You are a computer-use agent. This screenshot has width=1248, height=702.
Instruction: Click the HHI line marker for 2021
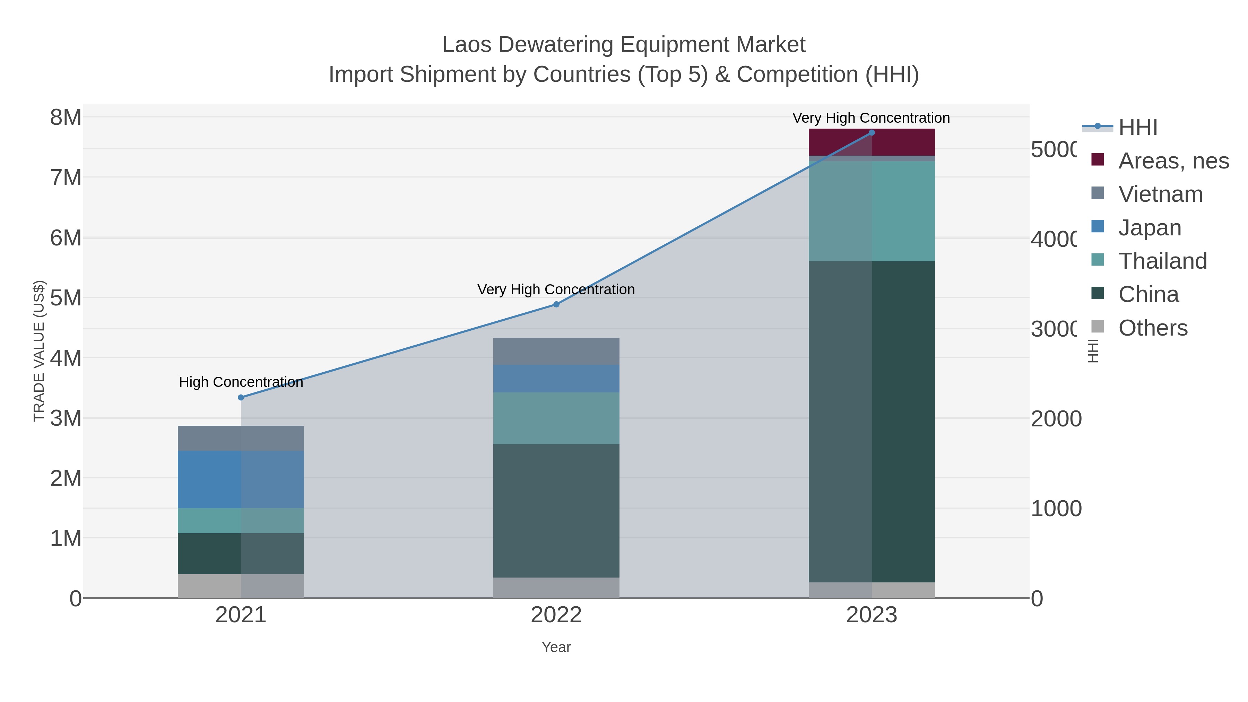pyautogui.click(x=241, y=397)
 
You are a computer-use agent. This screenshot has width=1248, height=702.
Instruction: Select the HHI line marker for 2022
pyautogui.click(x=556, y=304)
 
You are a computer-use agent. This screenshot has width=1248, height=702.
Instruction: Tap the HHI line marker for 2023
pyautogui.click(x=872, y=133)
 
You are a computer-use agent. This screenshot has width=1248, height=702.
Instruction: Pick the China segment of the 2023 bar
pyautogui.click(x=872, y=422)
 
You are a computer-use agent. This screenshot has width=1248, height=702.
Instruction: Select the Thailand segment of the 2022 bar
pyautogui.click(x=556, y=418)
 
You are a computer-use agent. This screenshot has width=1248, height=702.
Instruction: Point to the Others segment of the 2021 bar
pyautogui.click(x=241, y=586)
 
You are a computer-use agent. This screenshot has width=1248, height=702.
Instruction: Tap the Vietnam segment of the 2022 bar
pyautogui.click(x=556, y=351)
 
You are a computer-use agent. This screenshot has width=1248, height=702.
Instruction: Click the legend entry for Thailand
pyautogui.click(x=1162, y=261)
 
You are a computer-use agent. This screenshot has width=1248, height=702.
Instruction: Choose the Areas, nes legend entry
pyautogui.click(x=1173, y=161)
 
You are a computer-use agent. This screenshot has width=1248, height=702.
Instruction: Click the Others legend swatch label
pyautogui.click(x=1153, y=328)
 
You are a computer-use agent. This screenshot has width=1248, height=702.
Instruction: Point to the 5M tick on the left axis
pyautogui.click(x=66, y=298)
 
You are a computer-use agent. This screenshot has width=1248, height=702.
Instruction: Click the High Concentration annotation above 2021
pyautogui.click(x=241, y=382)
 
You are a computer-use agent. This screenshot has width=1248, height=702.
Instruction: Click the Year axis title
pyautogui.click(x=556, y=647)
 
